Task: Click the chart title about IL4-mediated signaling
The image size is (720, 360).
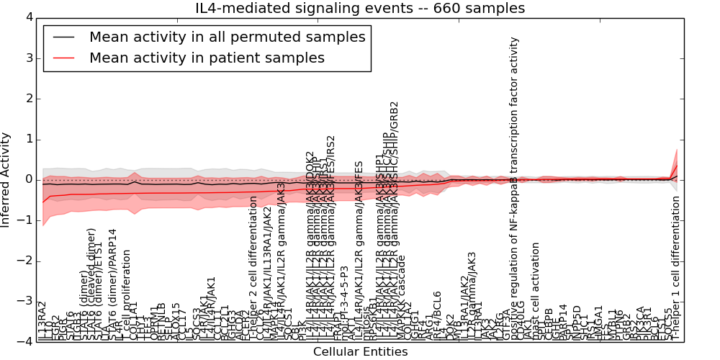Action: click(x=360, y=9)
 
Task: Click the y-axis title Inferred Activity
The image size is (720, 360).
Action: click(x=6, y=179)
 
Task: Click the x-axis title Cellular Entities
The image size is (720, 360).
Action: click(x=360, y=352)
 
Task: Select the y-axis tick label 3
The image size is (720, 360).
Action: click(x=27, y=58)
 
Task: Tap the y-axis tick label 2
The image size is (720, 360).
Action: click(x=27, y=99)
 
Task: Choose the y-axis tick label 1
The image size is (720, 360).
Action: click(x=27, y=139)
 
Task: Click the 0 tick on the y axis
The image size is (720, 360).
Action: click(x=27, y=179)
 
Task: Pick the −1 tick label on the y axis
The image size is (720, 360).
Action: click(x=24, y=220)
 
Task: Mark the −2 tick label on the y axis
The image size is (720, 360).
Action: click(x=24, y=261)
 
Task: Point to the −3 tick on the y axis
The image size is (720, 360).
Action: click(x=24, y=301)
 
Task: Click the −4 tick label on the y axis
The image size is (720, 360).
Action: click(x=24, y=342)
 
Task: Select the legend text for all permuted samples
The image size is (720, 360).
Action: click(x=227, y=37)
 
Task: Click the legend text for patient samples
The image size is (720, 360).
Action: click(x=207, y=58)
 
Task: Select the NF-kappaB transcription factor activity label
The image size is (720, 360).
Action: click(x=514, y=187)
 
